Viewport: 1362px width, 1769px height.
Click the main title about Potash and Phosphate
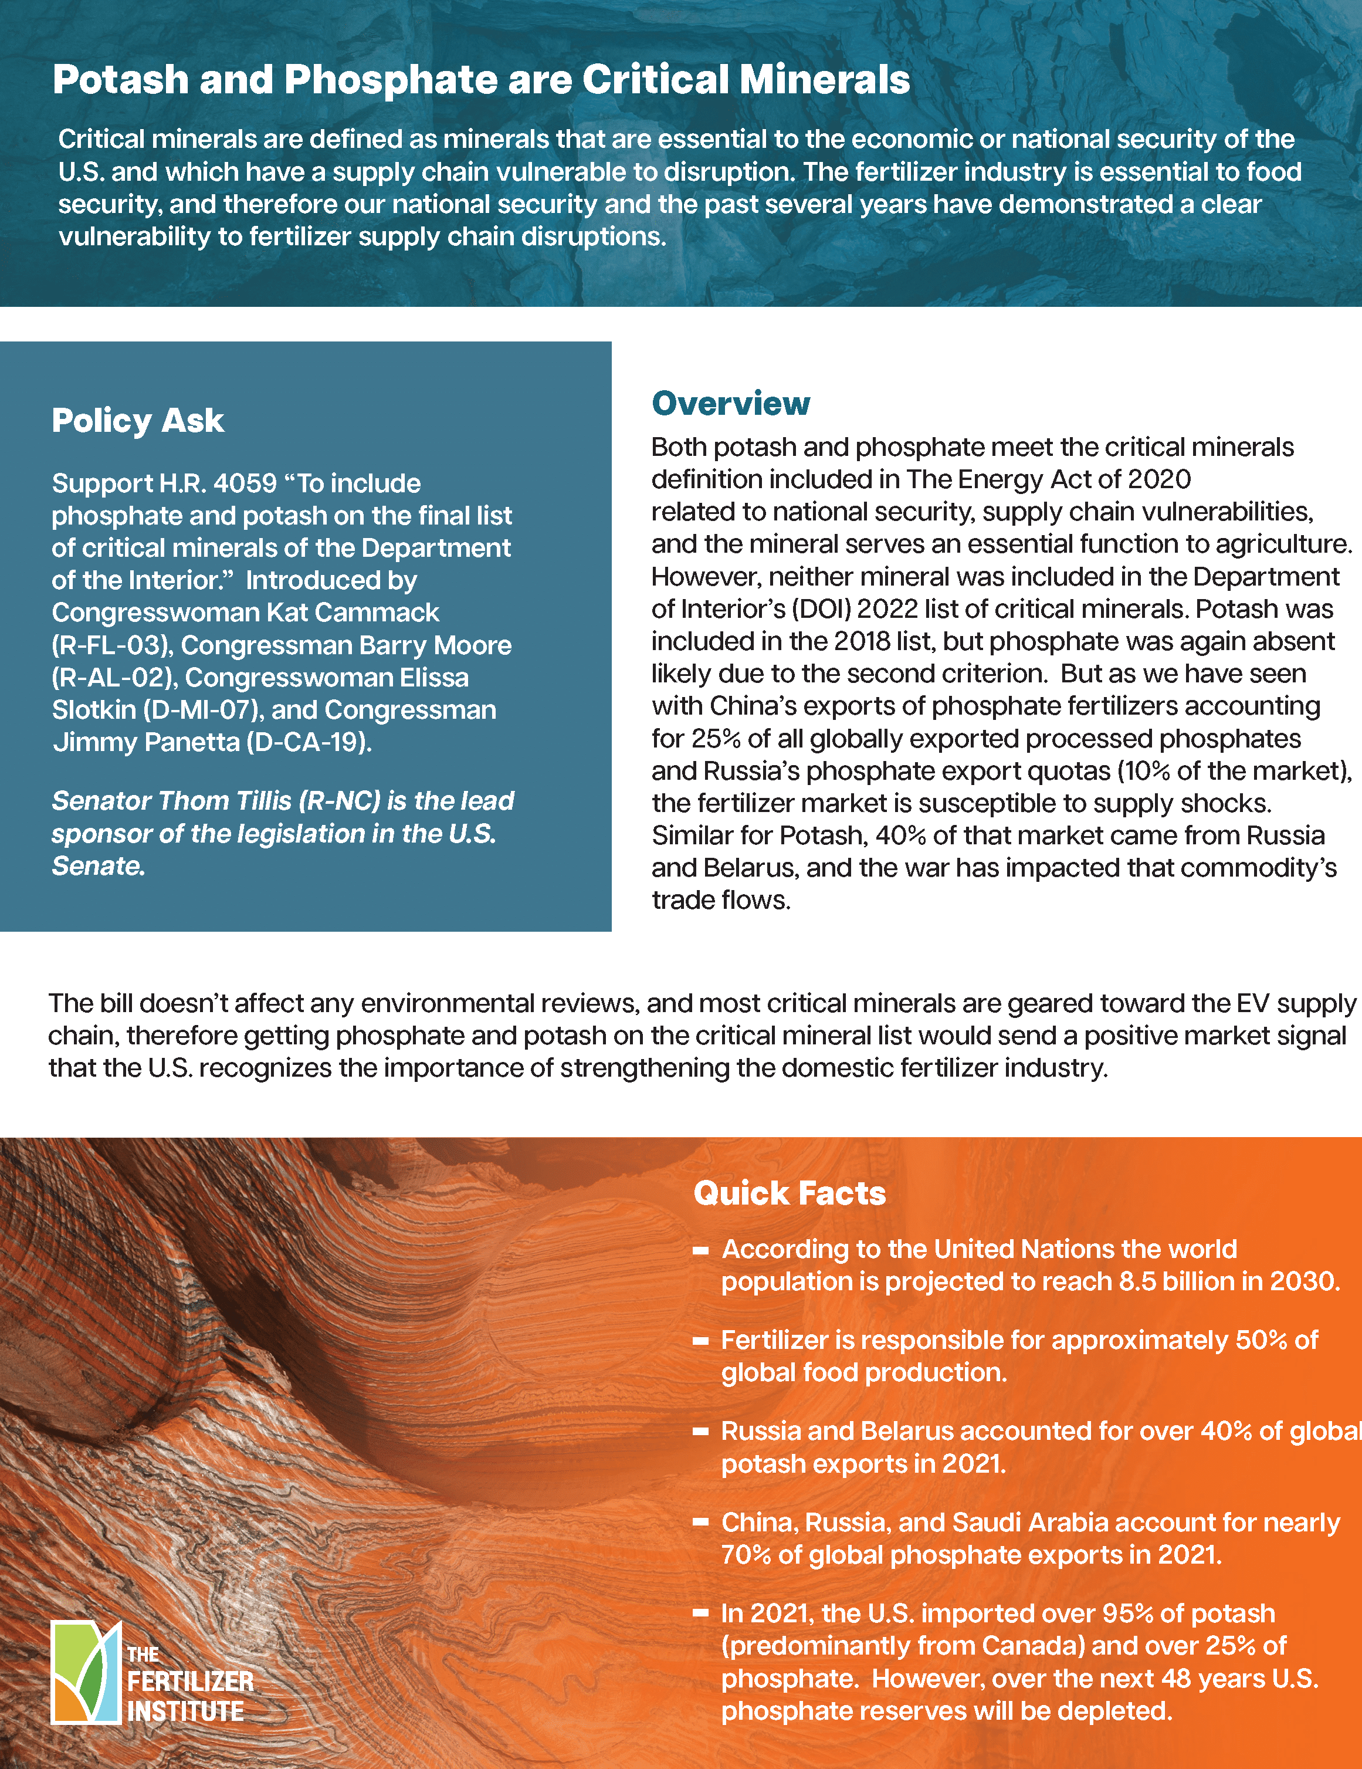(481, 79)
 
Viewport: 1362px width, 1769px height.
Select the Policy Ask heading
(138, 420)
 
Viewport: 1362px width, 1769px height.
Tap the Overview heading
(730, 403)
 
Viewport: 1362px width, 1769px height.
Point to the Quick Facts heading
(790, 1193)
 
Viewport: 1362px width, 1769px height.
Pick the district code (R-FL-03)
(112, 645)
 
